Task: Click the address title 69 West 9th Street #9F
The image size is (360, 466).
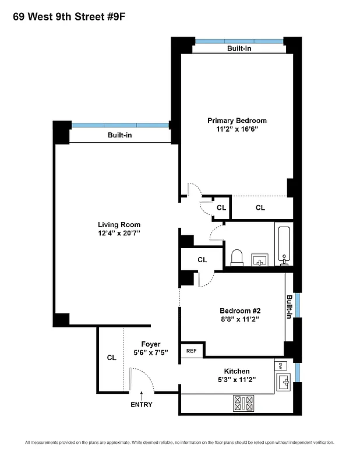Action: tap(69, 16)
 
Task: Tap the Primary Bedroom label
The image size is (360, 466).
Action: tap(237, 121)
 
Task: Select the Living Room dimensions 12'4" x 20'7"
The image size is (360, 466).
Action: tap(119, 233)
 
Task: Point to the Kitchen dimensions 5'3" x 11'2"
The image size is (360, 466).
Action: tap(237, 380)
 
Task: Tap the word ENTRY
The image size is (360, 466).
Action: tap(141, 405)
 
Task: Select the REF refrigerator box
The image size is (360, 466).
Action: tap(192, 351)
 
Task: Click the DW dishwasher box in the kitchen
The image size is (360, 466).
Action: tap(280, 365)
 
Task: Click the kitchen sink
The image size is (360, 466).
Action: tap(284, 382)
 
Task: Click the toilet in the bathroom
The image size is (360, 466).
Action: tap(237, 257)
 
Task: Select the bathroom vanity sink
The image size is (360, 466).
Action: tap(260, 258)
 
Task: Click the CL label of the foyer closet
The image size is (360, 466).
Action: tap(111, 358)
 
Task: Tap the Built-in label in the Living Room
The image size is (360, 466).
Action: tap(119, 135)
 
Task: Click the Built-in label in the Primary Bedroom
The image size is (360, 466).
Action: tap(239, 48)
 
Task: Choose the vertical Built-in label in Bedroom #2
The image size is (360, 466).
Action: tap(289, 307)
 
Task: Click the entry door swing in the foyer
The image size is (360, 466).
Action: tap(142, 379)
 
